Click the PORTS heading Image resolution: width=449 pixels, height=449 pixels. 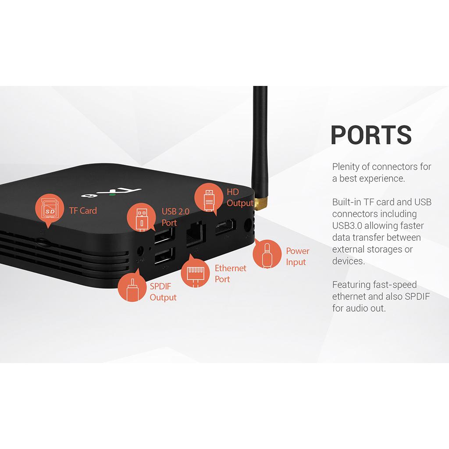tap(371, 135)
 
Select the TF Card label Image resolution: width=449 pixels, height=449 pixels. tap(83, 210)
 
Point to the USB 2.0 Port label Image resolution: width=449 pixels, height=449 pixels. tap(175, 217)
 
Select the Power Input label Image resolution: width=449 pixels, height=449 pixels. tap(297, 257)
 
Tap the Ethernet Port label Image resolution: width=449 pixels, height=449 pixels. tap(230, 274)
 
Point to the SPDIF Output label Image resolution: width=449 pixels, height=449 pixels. tap(163, 292)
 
